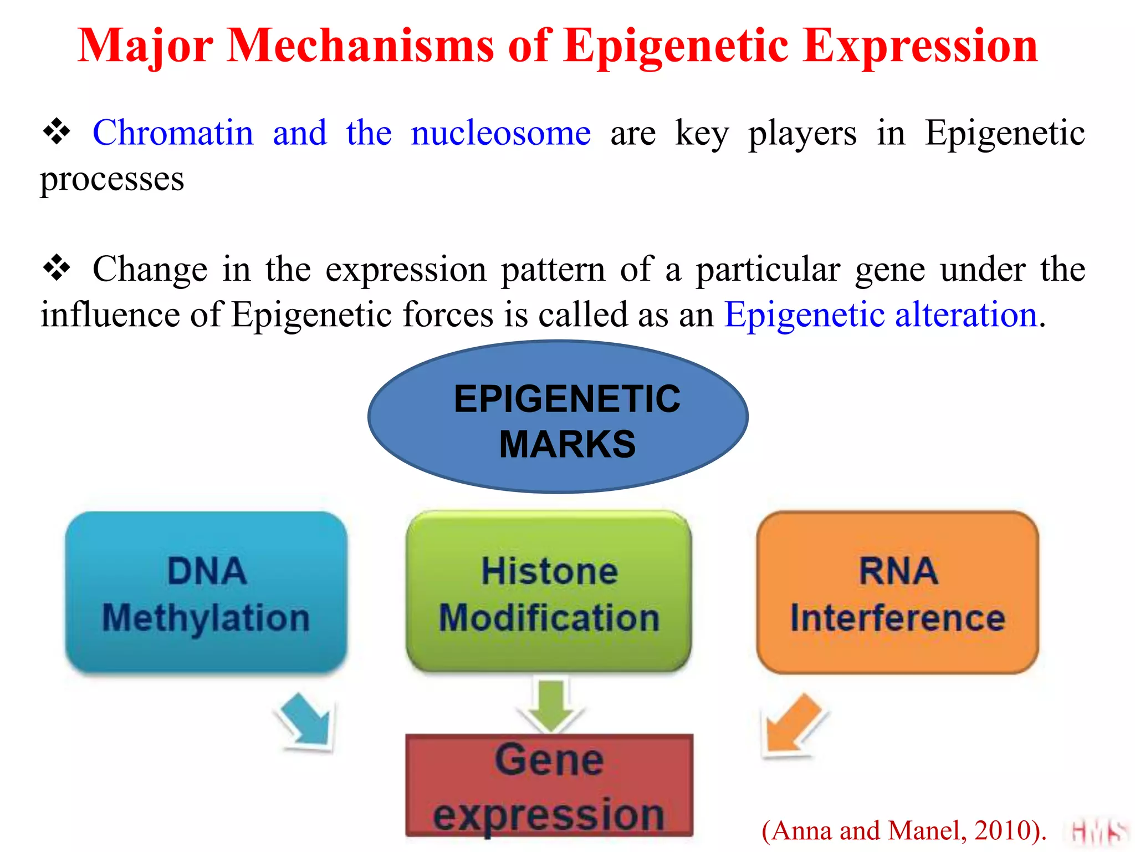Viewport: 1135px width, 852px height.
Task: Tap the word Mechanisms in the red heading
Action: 360,45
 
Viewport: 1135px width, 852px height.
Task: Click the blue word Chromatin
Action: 172,133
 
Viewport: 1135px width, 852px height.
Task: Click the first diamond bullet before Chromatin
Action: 57,133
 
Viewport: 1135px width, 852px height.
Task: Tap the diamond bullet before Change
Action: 57,269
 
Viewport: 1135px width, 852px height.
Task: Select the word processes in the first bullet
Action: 112,180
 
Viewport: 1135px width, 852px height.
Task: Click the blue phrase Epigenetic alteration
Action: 881,315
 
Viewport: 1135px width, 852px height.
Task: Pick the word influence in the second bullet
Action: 110,315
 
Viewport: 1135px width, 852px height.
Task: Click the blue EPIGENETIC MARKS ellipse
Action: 558,417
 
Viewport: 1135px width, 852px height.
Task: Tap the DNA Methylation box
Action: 206,592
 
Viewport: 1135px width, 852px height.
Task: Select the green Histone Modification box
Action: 549,592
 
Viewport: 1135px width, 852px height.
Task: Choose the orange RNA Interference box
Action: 897,592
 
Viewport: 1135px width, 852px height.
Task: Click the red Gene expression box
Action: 549,785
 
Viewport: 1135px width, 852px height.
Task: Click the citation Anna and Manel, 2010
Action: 903,831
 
